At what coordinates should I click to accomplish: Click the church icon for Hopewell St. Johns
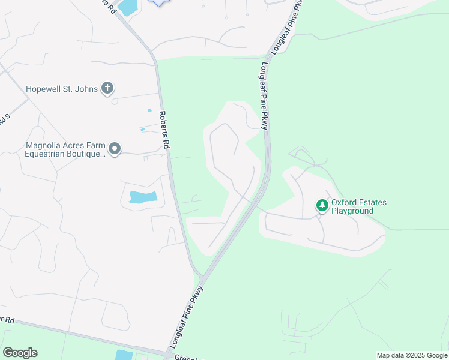107,89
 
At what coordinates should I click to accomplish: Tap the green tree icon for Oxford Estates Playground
322,206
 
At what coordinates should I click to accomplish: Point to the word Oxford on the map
345,202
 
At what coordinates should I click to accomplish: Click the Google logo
20,353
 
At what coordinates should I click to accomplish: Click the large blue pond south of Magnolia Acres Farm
143,196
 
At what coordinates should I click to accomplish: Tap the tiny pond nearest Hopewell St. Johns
149,110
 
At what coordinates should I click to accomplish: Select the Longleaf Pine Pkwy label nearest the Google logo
187,318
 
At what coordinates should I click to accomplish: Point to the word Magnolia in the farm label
45,145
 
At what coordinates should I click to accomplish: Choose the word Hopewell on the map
44,89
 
